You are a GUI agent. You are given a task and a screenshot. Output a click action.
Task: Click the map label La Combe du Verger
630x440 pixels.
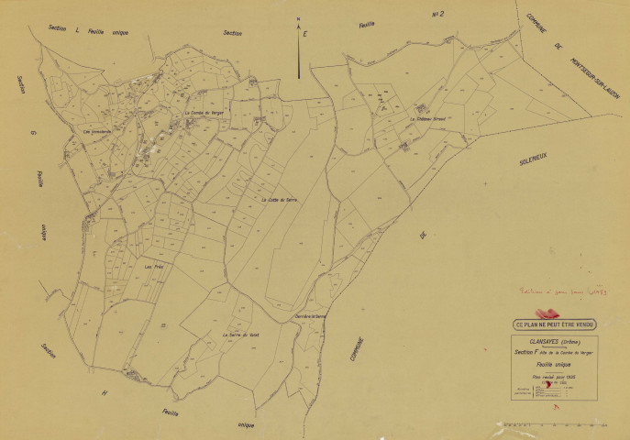(205, 113)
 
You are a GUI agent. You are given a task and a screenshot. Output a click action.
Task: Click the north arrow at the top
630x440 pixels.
(300, 50)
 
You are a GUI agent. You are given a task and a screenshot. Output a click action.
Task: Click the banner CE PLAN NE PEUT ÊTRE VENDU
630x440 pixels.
(556, 323)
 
